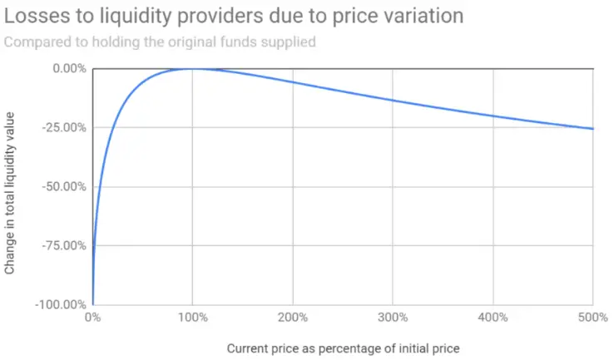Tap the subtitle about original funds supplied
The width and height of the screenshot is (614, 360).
click(160, 42)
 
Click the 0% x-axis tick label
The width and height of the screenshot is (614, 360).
click(92, 317)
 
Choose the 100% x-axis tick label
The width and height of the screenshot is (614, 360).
click(192, 317)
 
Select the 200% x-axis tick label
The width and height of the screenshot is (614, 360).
click(292, 317)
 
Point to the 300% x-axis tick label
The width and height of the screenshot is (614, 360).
click(393, 317)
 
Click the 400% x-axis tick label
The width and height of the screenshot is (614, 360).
click(493, 317)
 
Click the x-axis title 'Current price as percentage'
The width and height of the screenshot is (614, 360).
click(343, 348)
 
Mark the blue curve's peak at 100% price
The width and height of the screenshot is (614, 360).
click(192, 69)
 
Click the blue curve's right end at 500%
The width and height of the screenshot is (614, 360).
click(592, 129)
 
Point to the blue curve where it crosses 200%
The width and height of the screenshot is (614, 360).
click(293, 82)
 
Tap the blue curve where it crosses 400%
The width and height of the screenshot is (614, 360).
click(493, 116)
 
